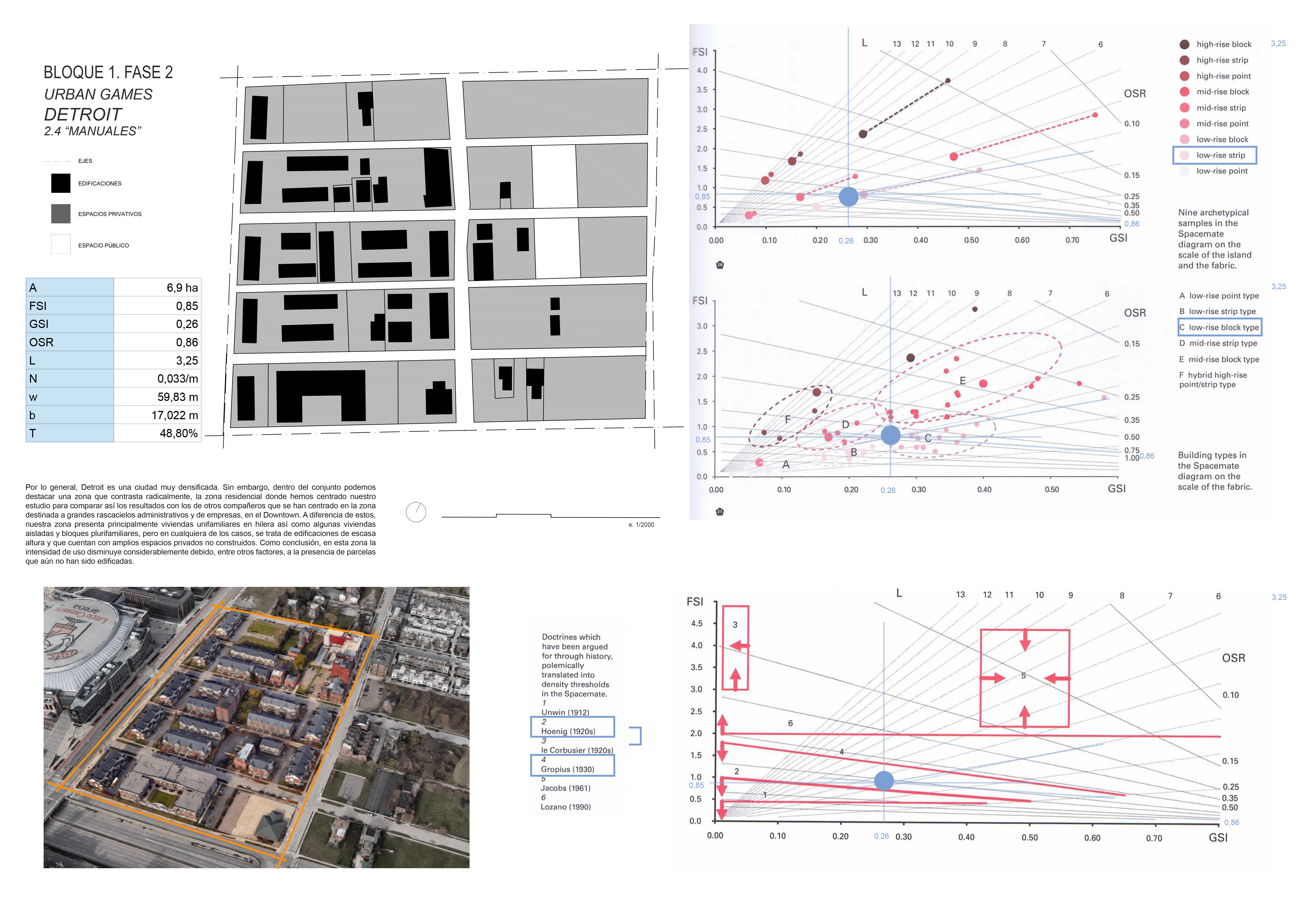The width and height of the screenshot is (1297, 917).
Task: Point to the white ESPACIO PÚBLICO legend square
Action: coord(60,245)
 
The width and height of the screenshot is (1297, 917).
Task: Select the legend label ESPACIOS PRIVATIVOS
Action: coord(110,214)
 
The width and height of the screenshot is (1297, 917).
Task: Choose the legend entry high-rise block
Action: coord(1224,44)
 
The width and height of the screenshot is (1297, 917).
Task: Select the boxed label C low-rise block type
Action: coord(1219,327)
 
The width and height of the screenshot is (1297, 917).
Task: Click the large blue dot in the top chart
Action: coord(849,197)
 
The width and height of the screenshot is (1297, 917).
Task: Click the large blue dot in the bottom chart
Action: coord(884,781)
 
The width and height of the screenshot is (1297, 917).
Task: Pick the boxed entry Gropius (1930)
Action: coord(568,769)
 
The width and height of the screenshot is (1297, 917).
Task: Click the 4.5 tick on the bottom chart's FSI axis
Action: coord(697,624)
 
